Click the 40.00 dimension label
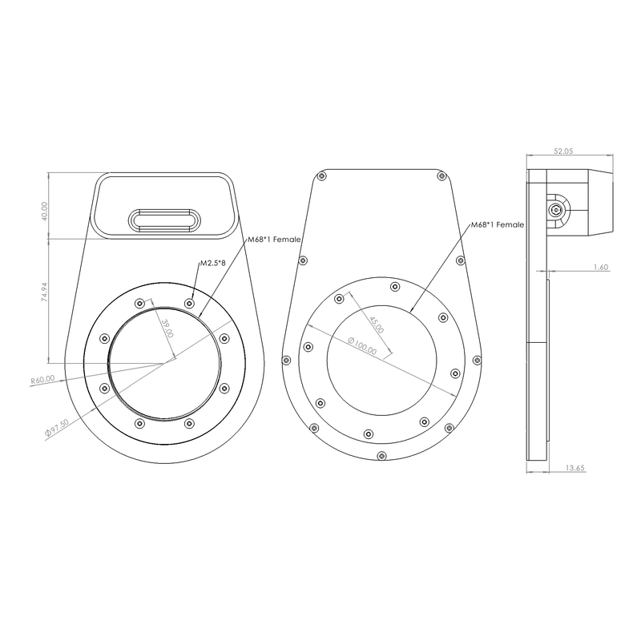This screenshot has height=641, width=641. point(45,211)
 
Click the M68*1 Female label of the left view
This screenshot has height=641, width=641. point(273,239)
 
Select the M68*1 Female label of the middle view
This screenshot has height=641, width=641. point(497,225)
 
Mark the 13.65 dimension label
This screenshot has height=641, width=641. point(574,467)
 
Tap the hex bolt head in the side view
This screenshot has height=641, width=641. point(555,210)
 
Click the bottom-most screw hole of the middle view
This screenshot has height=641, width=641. point(381,456)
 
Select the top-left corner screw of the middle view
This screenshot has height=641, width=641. point(323,175)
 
